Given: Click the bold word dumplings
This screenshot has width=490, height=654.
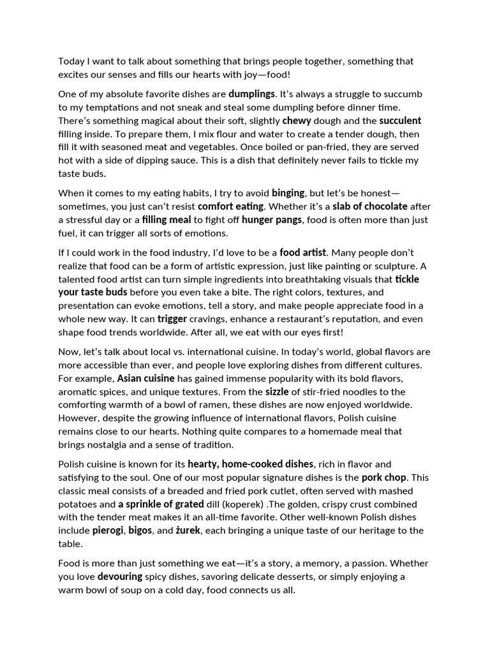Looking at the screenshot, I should (251, 94).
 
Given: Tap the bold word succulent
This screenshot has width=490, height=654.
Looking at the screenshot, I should (400, 121).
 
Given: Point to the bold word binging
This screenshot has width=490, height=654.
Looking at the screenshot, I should (289, 192).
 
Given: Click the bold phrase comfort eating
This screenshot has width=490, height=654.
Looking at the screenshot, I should (230, 206).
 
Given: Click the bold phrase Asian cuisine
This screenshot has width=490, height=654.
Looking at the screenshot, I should (145, 378).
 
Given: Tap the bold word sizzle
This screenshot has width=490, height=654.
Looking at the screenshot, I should (278, 392).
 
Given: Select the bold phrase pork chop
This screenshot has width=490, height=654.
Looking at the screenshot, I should (384, 477).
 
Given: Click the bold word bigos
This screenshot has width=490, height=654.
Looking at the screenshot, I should (142, 531).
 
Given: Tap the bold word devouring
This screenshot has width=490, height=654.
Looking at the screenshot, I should (122, 577).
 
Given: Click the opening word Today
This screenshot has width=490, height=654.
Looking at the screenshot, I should (71, 61).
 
